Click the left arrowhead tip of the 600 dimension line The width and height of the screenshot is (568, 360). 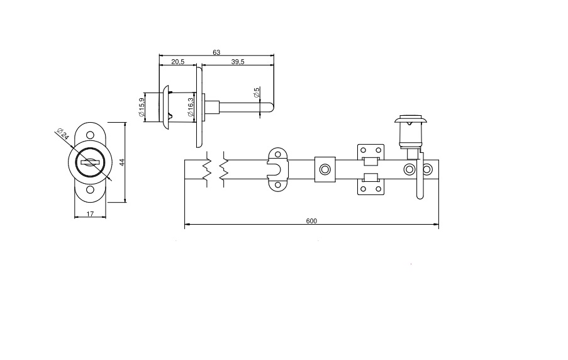tap(185, 225)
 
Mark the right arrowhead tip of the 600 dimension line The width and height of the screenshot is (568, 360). tap(438, 225)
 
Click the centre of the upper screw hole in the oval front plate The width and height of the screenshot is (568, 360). tap(90, 135)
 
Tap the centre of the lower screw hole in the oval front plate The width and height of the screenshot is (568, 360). tap(90, 189)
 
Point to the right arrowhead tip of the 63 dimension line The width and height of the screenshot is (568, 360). tap(274, 56)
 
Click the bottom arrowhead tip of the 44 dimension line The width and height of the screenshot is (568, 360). tap(125, 202)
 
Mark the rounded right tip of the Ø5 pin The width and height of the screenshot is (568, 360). tap(273, 108)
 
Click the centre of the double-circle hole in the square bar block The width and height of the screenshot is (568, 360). tap(325, 169)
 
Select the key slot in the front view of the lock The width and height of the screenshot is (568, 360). tap(90, 162)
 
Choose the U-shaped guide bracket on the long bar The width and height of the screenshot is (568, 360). tap(277, 169)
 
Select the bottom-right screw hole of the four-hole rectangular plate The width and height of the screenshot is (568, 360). tap(379, 189)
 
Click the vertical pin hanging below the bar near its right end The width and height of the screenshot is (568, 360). tap(420, 176)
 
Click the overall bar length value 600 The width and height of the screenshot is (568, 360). tap(311, 221)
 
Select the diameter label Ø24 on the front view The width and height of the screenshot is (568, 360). tap(62, 135)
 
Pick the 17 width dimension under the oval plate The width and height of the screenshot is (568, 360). tap(90, 214)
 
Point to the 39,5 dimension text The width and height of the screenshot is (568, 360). tap(238, 62)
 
